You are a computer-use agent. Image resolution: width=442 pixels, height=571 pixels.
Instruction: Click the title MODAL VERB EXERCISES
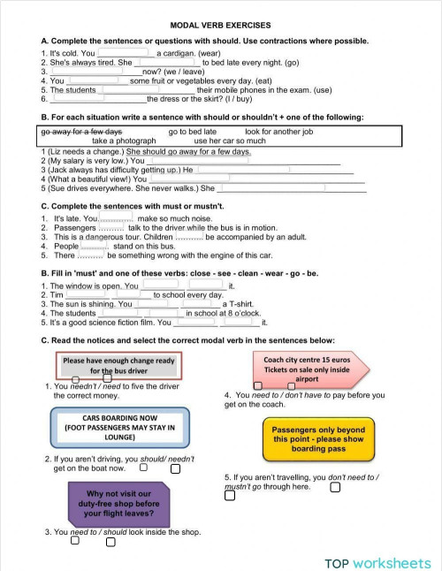(220, 26)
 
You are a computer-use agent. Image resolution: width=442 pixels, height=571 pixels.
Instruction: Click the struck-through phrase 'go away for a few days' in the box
(81, 131)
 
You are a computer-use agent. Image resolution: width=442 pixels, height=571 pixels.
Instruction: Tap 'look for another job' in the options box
(278, 131)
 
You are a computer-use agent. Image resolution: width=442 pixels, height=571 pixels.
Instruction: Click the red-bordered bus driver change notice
(119, 366)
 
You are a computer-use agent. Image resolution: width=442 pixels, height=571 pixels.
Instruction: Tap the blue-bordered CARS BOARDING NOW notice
(119, 426)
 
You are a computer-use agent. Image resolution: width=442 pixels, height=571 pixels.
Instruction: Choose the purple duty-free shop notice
(118, 502)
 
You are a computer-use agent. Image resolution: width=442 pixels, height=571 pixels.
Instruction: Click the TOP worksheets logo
(377, 562)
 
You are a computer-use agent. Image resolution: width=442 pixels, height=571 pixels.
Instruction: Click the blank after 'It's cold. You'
(125, 53)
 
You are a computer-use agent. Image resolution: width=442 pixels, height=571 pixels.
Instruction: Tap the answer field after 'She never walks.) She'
(292, 188)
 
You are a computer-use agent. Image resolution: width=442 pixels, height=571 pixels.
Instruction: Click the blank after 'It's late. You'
(116, 218)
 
